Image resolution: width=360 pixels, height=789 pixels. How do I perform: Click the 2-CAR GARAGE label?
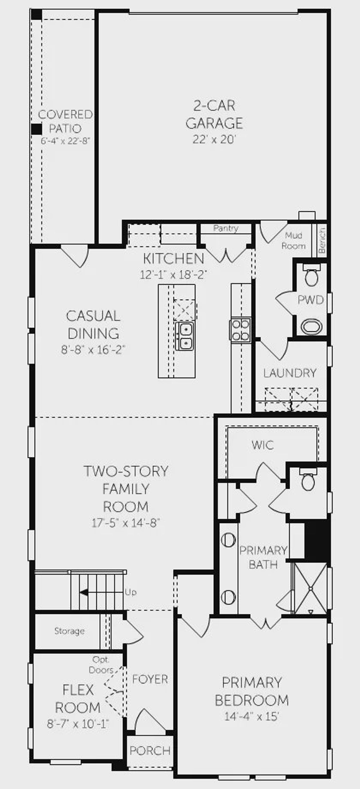click(214, 114)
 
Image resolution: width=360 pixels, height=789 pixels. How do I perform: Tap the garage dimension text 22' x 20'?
click(214, 139)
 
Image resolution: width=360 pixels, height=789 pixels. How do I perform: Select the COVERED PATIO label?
click(65, 121)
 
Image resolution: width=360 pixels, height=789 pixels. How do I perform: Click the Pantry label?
click(226, 228)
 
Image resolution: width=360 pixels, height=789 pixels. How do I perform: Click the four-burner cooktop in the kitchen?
click(241, 330)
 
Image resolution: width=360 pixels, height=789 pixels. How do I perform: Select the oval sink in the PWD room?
click(311, 327)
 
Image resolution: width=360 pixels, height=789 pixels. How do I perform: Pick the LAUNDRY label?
click(290, 373)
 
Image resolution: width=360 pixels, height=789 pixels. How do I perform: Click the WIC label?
click(263, 445)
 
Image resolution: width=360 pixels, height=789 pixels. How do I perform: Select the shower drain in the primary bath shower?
click(311, 589)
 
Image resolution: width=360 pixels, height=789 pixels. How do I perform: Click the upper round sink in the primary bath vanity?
click(228, 540)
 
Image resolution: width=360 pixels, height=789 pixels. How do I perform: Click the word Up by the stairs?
click(130, 592)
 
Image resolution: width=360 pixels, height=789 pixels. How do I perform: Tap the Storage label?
click(69, 631)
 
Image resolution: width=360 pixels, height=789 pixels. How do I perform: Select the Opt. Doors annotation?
click(101, 665)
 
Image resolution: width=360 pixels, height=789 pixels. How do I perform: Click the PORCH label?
click(150, 750)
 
